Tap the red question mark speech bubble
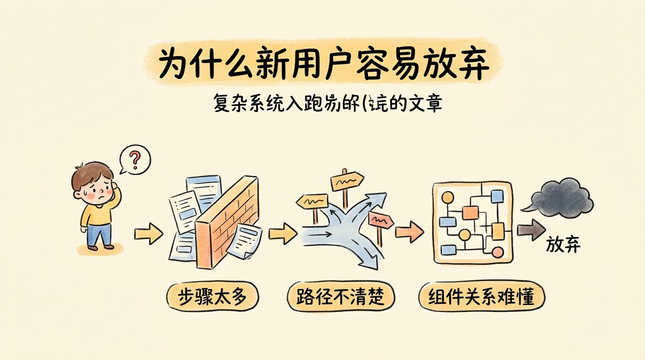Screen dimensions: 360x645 click(135, 160)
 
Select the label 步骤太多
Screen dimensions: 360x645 click(213, 296)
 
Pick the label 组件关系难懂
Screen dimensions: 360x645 click(481, 296)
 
